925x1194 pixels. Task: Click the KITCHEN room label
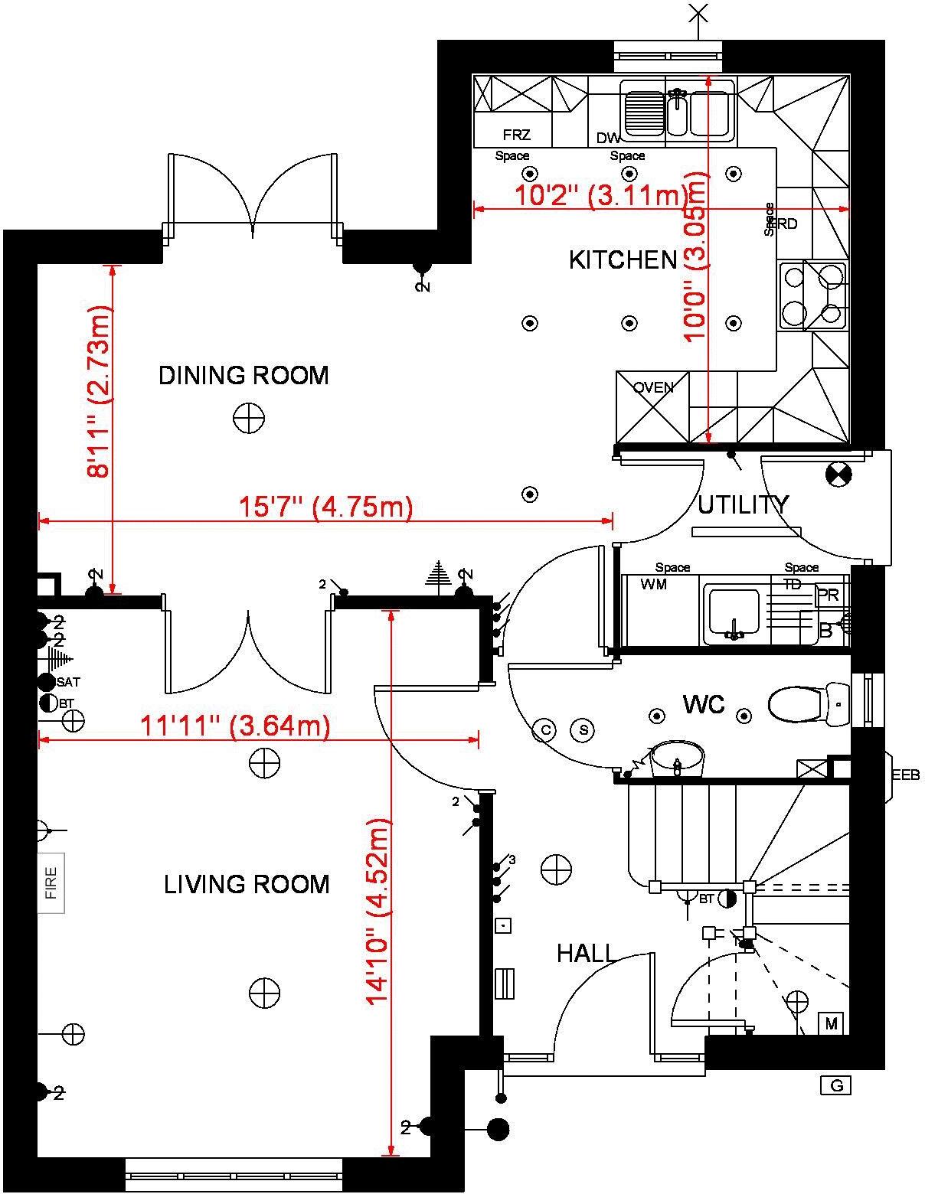click(x=623, y=260)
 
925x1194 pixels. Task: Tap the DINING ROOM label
click(x=244, y=375)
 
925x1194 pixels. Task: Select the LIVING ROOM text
click(x=247, y=885)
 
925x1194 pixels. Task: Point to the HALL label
click(x=586, y=954)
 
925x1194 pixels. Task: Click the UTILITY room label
click(x=742, y=505)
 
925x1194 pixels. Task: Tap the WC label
click(x=703, y=704)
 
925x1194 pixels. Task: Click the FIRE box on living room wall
click(x=51, y=882)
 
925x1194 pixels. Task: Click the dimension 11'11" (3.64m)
click(x=235, y=725)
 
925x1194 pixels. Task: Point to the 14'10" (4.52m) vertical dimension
click(x=378, y=911)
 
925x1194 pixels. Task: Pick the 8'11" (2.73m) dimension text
click(x=100, y=391)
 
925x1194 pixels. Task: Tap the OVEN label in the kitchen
click(x=653, y=387)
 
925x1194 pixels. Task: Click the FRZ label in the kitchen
click(x=517, y=135)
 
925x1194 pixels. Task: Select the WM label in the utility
click(x=653, y=585)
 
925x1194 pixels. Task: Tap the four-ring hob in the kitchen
click(x=813, y=295)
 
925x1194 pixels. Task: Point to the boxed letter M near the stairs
click(x=831, y=1023)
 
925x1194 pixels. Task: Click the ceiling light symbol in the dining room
click(x=249, y=419)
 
